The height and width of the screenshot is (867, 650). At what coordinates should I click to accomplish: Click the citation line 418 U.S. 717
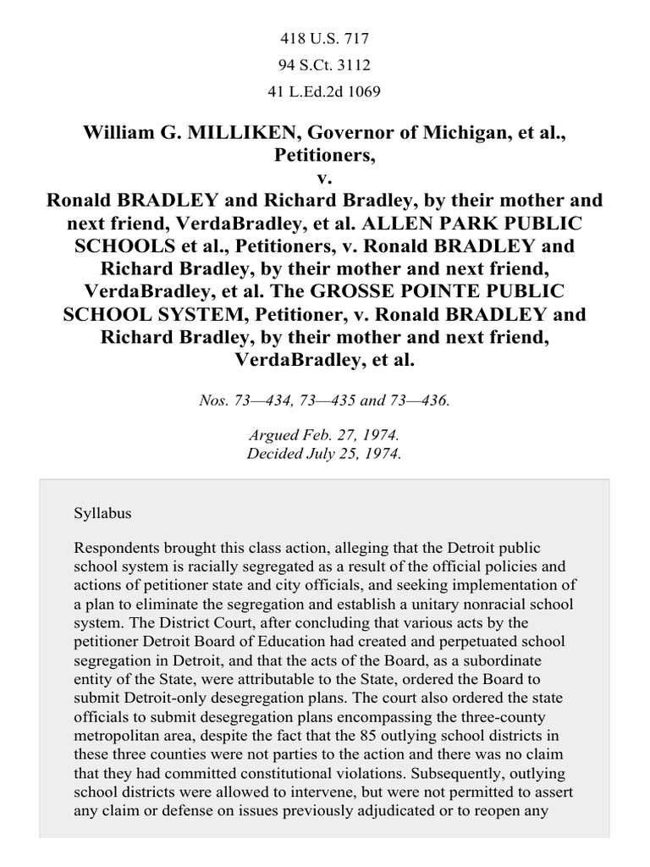(x=325, y=38)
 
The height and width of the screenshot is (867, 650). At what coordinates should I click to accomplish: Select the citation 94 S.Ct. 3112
(x=325, y=65)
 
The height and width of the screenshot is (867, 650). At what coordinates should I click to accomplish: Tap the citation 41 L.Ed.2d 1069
(x=325, y=91)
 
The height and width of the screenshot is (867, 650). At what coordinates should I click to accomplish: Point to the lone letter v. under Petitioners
(x=325, y=178)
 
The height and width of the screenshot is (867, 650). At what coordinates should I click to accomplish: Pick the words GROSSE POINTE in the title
(x=382, y=290)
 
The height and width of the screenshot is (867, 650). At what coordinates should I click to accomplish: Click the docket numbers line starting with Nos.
(x=325, y=400)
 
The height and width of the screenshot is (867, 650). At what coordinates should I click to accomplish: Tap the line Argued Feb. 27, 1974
(x=325, y=435)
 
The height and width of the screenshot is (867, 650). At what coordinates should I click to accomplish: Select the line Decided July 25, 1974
(x=325, y=453)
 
